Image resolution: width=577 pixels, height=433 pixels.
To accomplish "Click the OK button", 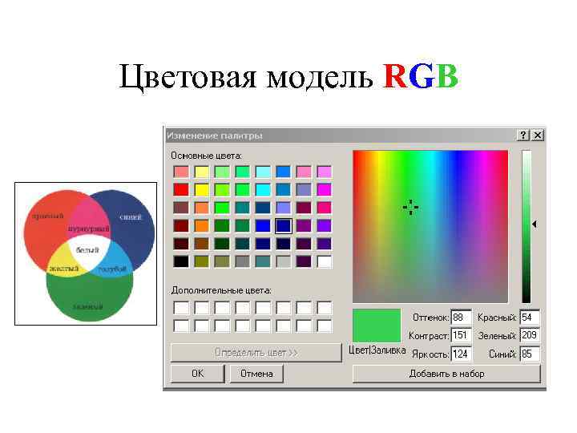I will point(197,374).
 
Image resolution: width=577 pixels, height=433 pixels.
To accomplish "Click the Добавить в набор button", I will point(446,374).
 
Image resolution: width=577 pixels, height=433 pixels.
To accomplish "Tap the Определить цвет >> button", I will point(256,353).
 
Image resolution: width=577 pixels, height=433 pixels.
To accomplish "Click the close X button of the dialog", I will point(538,136).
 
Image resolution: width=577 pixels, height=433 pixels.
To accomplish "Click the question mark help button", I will point(523,136).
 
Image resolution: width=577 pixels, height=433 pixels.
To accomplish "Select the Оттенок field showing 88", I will point(461,318).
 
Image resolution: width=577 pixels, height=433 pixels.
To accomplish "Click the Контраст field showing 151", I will point(461,335).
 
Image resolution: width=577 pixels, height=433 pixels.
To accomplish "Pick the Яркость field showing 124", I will point(461,354).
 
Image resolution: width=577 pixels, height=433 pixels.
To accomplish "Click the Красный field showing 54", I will point(529,318).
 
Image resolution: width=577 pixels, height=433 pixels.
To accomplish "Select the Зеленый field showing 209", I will point(529,335).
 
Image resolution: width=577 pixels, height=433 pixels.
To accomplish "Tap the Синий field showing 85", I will point(529,354).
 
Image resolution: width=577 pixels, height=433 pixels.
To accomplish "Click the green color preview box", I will point(377,326).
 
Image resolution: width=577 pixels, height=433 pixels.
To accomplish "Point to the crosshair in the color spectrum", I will point(410,208).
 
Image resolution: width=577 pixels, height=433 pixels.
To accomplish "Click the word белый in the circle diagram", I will point(88,251).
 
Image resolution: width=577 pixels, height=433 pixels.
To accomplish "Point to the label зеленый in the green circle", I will point(87,306).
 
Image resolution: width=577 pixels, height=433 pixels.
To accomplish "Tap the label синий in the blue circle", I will point(131,216).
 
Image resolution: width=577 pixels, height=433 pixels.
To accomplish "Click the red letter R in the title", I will point(395,78).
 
